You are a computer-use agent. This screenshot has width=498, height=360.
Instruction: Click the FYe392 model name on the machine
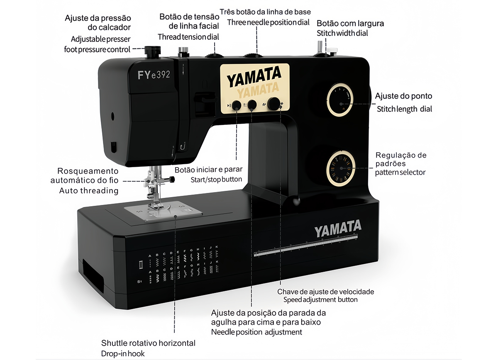tap(154, 75)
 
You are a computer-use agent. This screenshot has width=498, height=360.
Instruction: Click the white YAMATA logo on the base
tap(337, 229)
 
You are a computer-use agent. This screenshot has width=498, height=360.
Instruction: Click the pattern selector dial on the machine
tap(341, 167)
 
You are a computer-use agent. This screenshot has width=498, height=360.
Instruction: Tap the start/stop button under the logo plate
tap(236, 105)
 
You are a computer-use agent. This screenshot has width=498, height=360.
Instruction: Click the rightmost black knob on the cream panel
tap(273, 104)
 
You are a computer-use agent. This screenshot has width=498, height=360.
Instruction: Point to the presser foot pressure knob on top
tap(152, 51)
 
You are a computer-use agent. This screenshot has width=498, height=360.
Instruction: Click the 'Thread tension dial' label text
tap(188, 37)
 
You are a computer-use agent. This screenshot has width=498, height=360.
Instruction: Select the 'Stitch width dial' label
tap(342, 33)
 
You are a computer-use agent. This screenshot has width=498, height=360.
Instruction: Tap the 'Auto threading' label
tap(89, 191)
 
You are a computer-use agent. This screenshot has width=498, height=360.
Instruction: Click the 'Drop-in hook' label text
tap(123, 354)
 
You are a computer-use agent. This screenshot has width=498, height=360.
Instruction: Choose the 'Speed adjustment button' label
tap(320, 299)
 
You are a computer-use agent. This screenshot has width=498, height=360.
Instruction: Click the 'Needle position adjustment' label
tap(256, 332)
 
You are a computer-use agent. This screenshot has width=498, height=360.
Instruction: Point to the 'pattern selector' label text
tap(400, 172)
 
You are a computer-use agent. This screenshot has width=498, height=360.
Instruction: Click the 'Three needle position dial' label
tap(268, 22)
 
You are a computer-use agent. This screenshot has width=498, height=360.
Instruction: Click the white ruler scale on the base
tap(305, 248)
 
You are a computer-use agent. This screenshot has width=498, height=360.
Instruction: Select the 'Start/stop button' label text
tap(216, 180)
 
